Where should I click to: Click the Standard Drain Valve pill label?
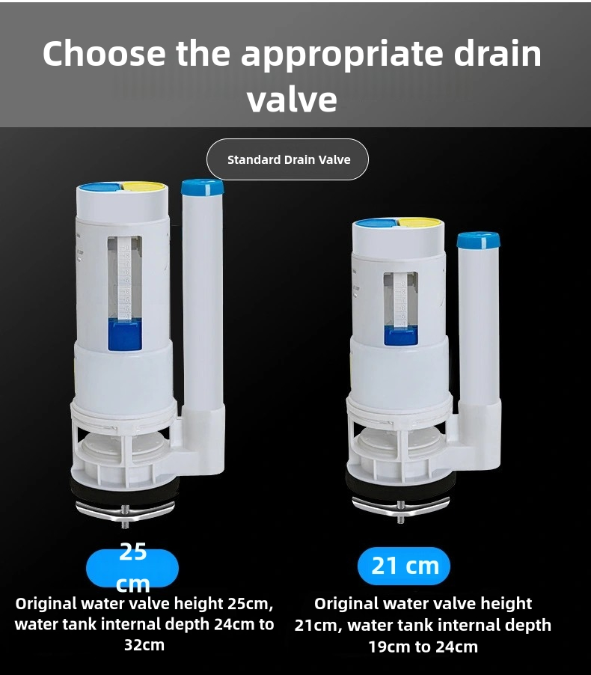[x=288, y=159]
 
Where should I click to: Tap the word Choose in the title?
[x=103, y=54]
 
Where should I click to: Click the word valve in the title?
[x=292, y=100]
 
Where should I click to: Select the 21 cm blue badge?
[x=404, y=566]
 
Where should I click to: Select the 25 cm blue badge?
[x=132, y=568]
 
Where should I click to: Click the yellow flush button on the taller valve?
[x=144, y=186]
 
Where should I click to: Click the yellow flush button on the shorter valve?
[x=420, y=222]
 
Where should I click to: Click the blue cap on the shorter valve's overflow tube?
[x=478, y=239]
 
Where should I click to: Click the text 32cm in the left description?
[x=144, y=645]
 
